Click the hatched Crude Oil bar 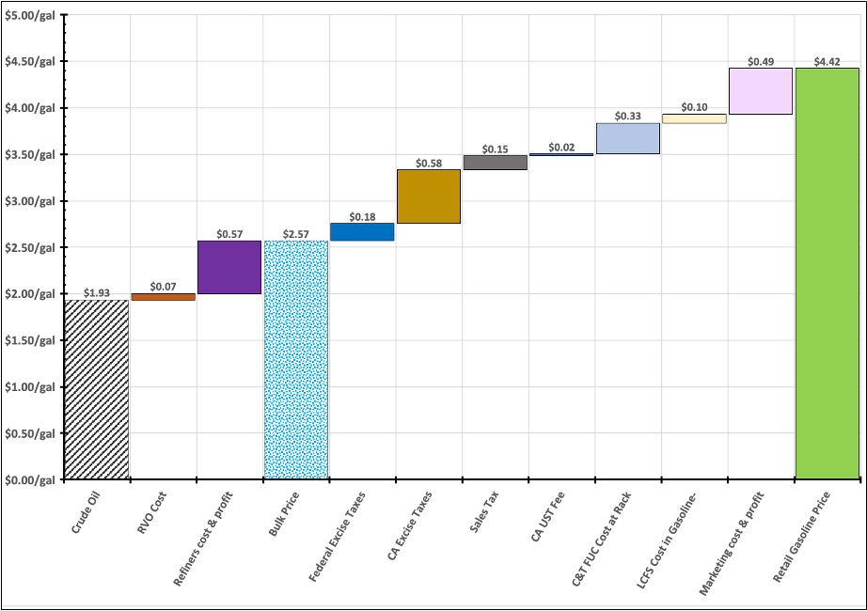click(96, 389)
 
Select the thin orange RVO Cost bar click(163, 297)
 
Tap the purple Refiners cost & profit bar click(229, 267)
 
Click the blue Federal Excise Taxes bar click(362, 232)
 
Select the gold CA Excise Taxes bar click(429, 196)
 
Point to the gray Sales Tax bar click(496, 163)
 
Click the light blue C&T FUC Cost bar click(628, 138)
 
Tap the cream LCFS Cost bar click(694, 118)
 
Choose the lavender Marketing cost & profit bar click(761, 91)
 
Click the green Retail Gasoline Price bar click(828, 274)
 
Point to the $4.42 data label click(828, 62)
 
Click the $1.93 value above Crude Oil click(96, 293)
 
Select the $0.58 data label click(429, 164)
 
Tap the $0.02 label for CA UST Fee click(561, 148)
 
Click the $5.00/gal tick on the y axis click(30, 15)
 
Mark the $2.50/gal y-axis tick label click(30, 247)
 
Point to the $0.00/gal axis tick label click(30, 479)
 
